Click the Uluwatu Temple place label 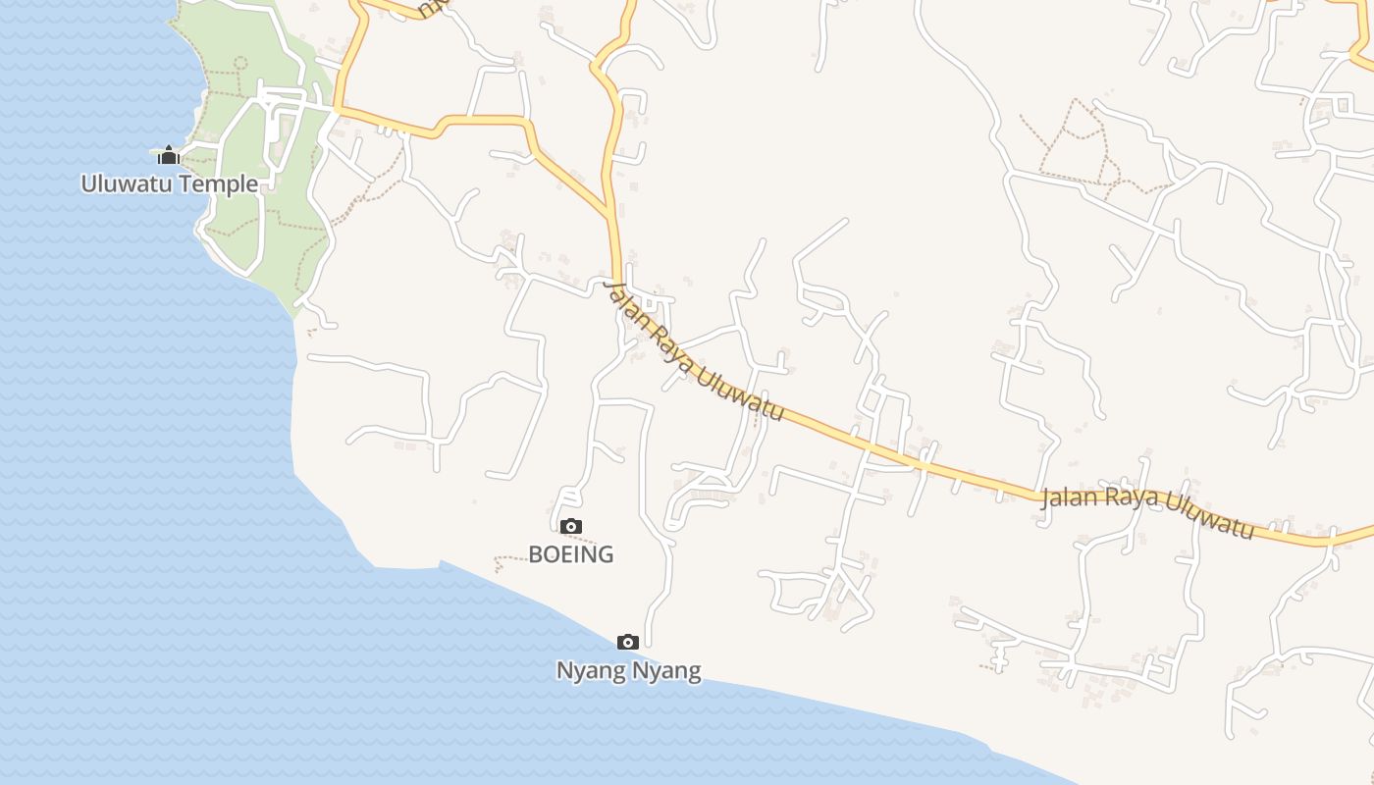point(170,183)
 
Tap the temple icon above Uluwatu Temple point(169,155)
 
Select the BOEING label point(571,554)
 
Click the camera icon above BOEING point(571,527)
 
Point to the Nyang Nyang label point(628,671)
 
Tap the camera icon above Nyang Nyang point(628,643)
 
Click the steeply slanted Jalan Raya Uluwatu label point(694,351)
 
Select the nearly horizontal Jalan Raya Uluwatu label point(1147,510)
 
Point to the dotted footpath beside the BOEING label point(510,560)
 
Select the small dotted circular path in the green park point(239,62)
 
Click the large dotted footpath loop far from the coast point(1075,142)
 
